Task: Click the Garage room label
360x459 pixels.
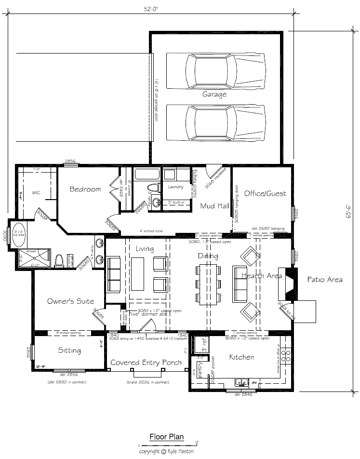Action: pyautogui.click(x=214, y=94)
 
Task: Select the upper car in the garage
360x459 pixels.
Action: pyautogui.click(x=215, y=71)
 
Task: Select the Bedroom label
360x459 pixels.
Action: pyautogui.click(x=85, y=189)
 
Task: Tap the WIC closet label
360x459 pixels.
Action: pyautogui.click(x=36, y=193)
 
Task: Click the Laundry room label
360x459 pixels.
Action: pyautogui.click(x=176, y=187)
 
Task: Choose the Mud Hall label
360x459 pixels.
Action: pyautogui.click(x=214, y=206)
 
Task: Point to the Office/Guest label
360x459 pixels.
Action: pyautogui.click(x=265, y=193)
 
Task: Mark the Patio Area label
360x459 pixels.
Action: pyautogui.click(x=325, y=279)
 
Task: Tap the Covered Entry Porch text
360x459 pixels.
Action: pyautogui.click(x=146, y=363)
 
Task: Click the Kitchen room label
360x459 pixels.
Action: pyautogui.click(x=241, y=357)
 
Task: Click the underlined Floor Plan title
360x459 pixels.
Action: pyautogui.click(x=166, y=437)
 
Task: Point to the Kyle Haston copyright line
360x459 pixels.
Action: pyautogui.click(x=167, y=452)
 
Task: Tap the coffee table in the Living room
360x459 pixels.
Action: pyautogui.click(x=138, y=273)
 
